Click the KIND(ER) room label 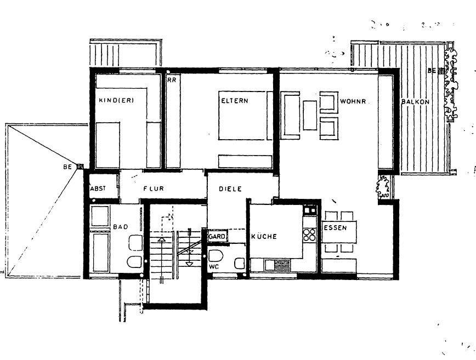(x=116, y=100)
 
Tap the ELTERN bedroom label (x=235, y=101)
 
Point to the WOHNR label (x=353, y=101)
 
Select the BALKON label (x=415, y=101)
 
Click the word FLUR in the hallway (x=154, y=188)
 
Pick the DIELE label (x=230, y=189)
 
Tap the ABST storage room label (x=98, y=188)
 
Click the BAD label (x=121, y=226)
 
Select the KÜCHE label (x=264, y=236)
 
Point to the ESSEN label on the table (x=335, y=227)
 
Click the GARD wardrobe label (x=217, y=236)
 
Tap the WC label (x=214, y=267)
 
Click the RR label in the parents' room (x=172, y=81)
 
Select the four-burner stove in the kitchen (x=310, y=235)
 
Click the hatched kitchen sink (x=282, y=265)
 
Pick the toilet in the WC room (x=216, y=256)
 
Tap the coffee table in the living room (x=310, y=115)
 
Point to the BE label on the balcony (x=432, y=71)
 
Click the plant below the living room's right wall (x=383, y=186)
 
